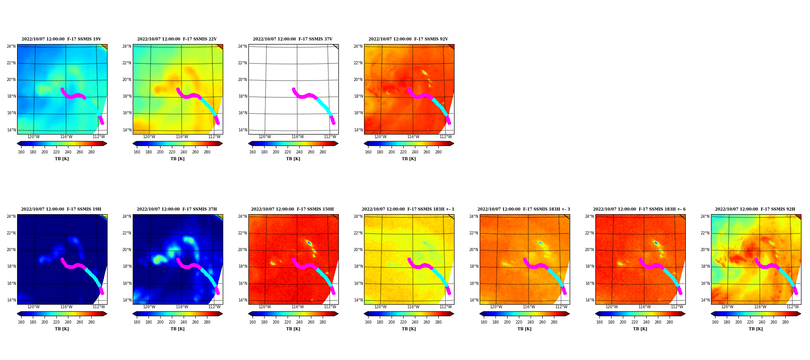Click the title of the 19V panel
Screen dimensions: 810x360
(x=61, y=39)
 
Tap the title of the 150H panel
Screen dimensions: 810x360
(x=292, y=209)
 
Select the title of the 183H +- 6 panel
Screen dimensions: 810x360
(x=639, y=209)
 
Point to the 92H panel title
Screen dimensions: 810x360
(x=755, y=209)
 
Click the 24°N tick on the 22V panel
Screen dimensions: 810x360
(x=126, y=46)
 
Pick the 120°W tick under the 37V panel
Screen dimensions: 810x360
(x=265, y=137)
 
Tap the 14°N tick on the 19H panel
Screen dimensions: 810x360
(x=11, y=300)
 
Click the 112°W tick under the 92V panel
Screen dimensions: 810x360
(x=445, y=137)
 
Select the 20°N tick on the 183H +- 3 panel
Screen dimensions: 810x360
(x=473, y=250)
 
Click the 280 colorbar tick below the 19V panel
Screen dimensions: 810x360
(x=91, y=152)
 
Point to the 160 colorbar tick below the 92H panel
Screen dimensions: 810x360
(x=715, y=322)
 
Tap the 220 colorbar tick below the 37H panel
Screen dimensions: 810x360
(x=172, y=322)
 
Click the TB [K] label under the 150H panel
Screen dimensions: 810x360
(x=293, y=329)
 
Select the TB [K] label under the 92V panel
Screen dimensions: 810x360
(x=409, y=159)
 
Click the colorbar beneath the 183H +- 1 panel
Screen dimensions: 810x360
(x=409, y=314)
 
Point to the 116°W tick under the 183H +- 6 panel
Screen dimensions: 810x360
(x=644, y=307)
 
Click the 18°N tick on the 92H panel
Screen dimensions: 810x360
(x=705, y=266)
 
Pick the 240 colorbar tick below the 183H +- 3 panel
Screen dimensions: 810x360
(x=531, y=322)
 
